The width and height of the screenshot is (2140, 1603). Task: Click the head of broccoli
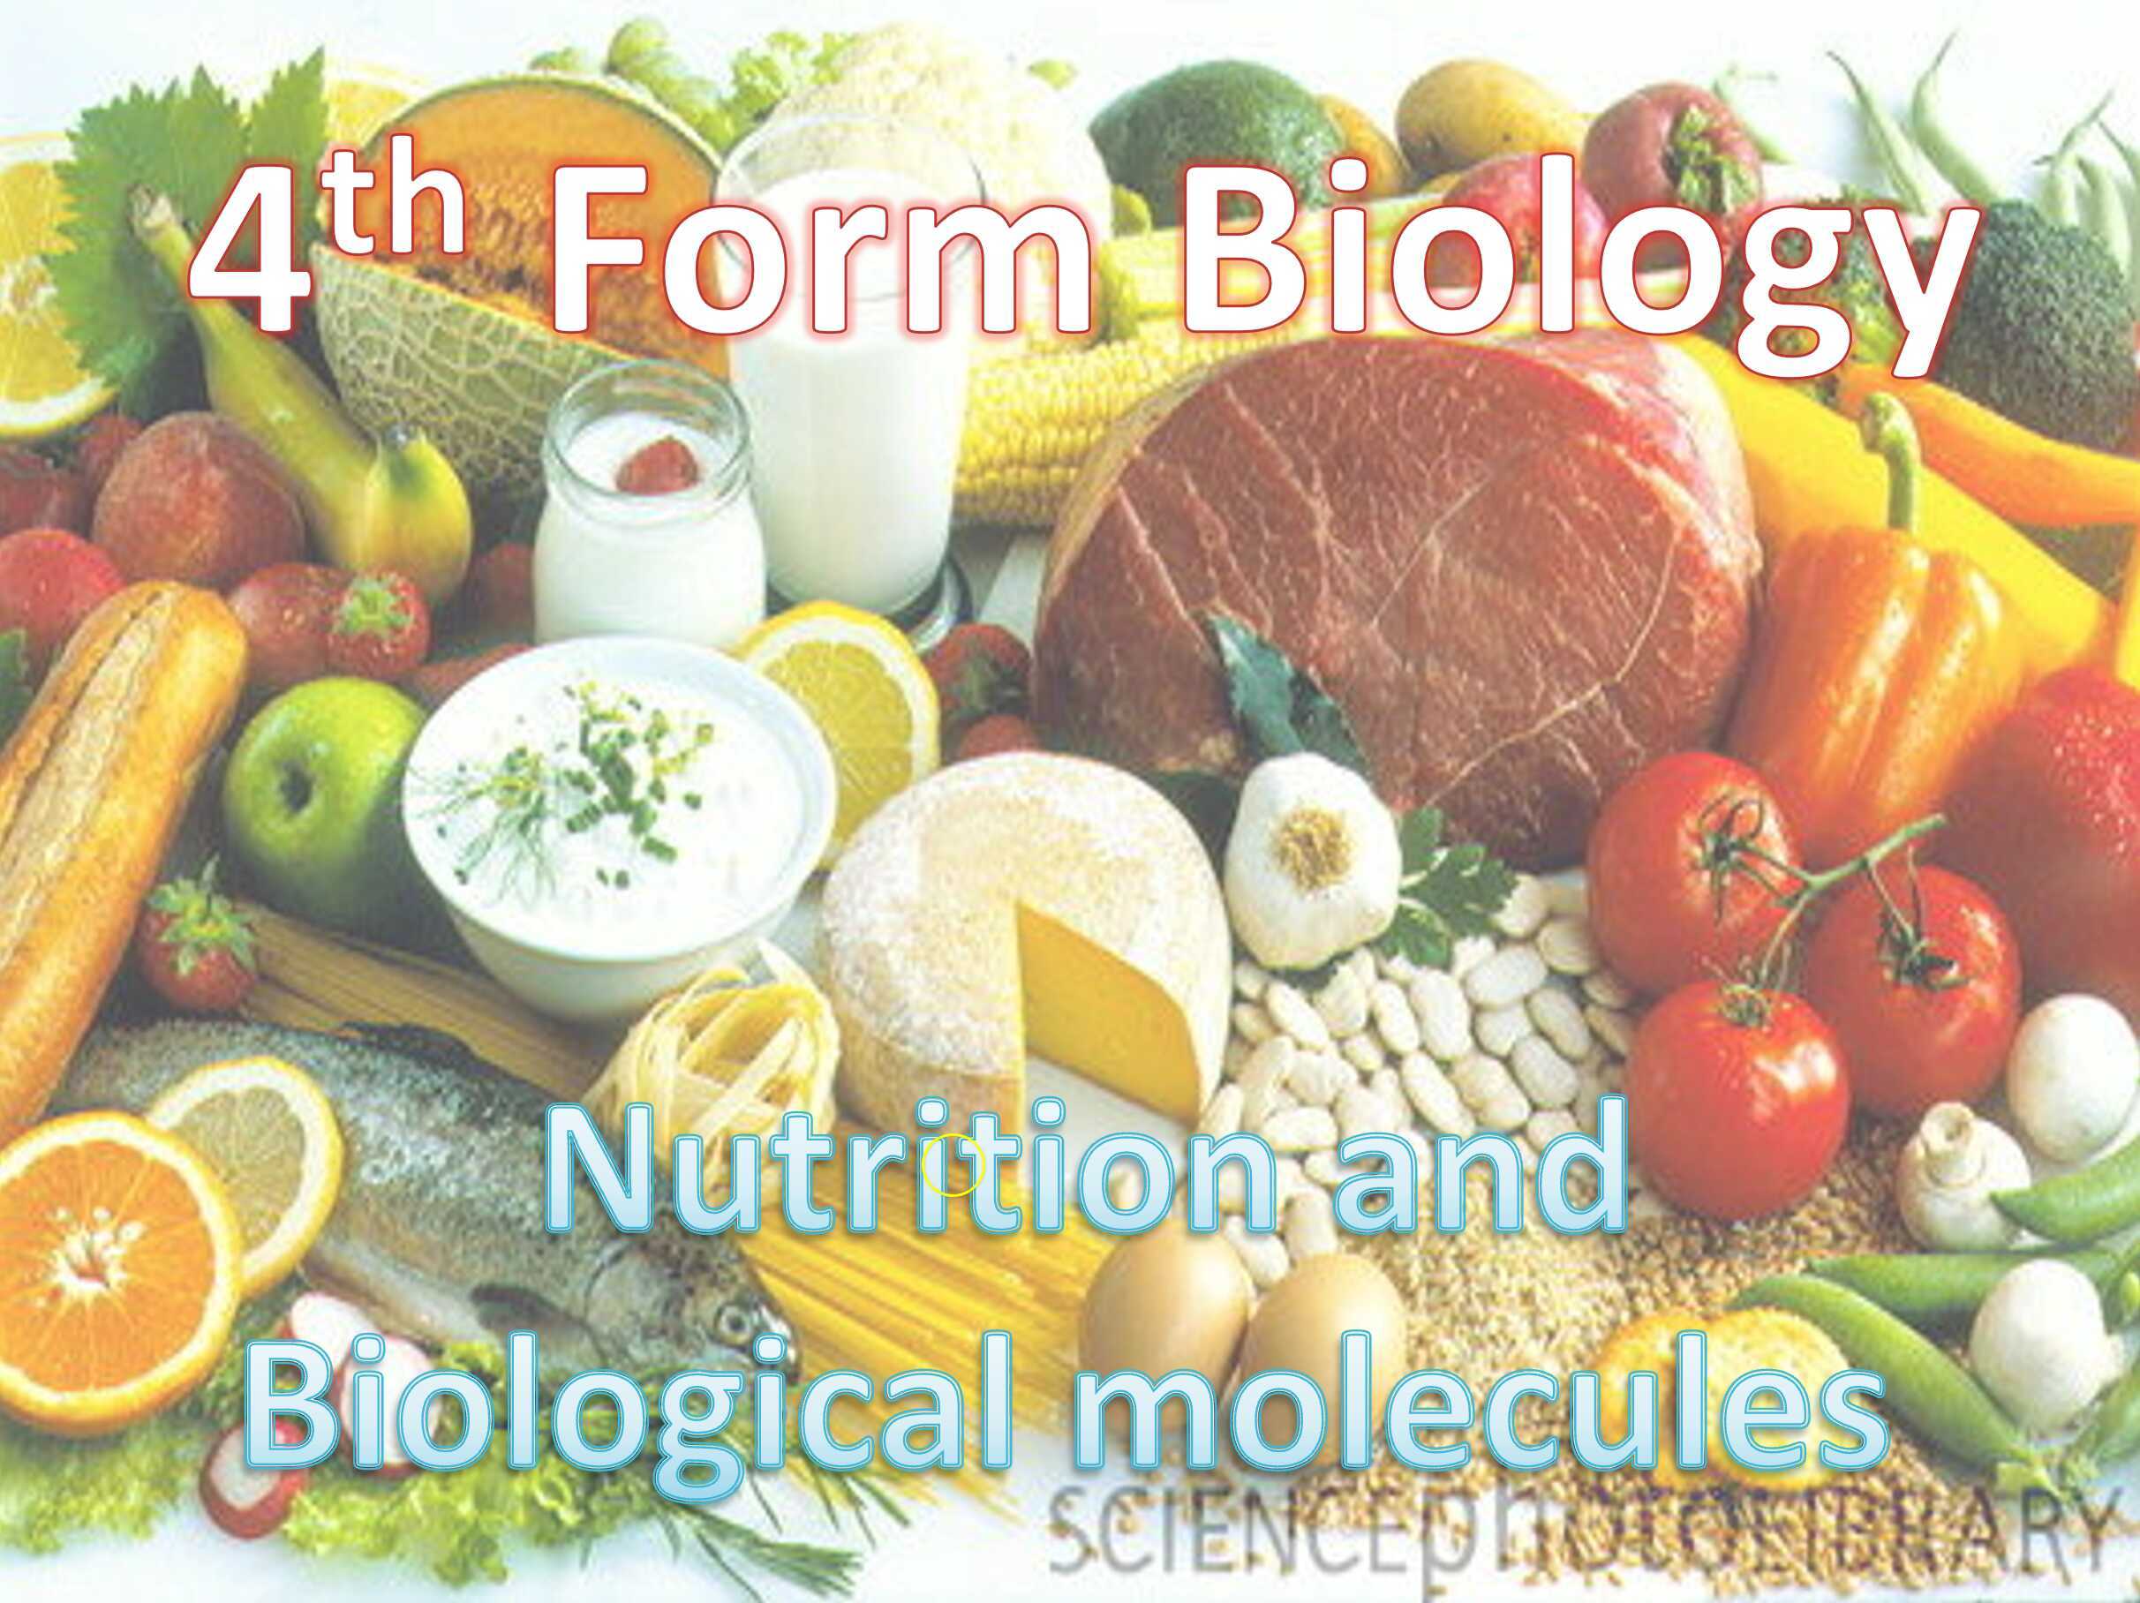click(2051, 290)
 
